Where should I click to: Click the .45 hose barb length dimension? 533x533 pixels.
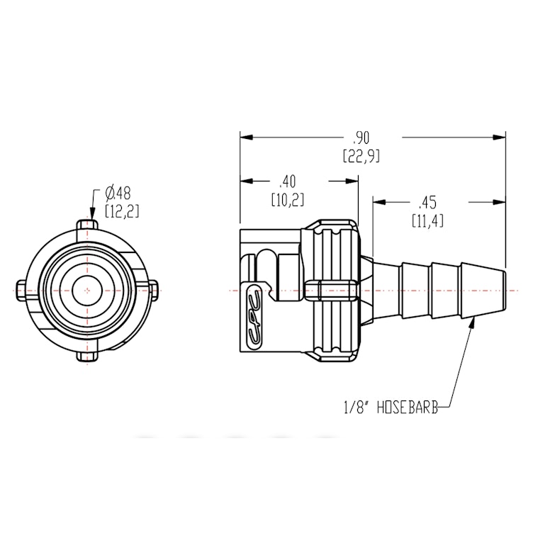pos(427,202)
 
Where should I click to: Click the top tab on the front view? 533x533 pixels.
pos(86,225)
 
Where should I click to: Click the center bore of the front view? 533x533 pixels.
pos(86,290)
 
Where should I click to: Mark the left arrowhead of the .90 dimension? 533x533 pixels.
pos(245,138)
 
